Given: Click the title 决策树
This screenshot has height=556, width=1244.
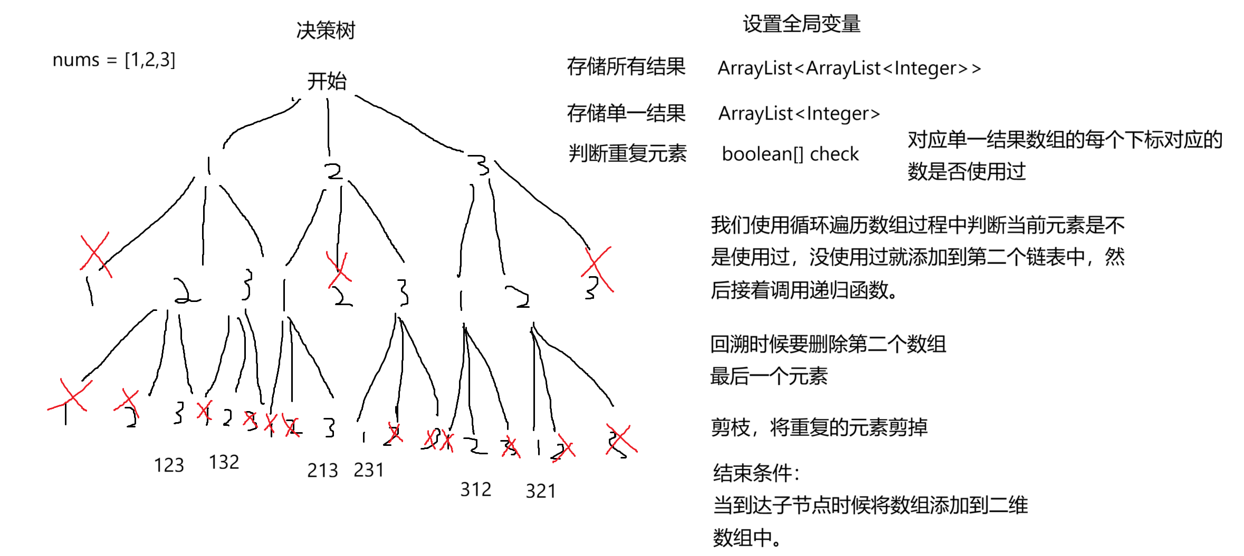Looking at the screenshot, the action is click(326, 31).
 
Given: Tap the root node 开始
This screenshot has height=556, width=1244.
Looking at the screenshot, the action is click(327, 81).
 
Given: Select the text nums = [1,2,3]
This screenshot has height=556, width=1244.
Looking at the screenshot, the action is click(114, 60).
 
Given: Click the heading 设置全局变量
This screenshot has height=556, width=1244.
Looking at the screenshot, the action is click(801, 24).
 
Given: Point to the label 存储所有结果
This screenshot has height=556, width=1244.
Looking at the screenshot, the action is click(626, 67).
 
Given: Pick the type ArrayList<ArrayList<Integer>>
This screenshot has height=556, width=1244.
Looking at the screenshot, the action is click(849, 68).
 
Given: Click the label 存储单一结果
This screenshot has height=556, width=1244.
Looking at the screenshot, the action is click(626, 113).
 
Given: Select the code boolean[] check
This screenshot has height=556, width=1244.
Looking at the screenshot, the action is click(790, 154).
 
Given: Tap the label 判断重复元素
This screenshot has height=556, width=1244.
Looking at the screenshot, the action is click(627, 153).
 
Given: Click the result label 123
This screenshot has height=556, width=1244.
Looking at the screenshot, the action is click(169, 465).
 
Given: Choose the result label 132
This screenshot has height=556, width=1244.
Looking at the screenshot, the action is click(224, 462).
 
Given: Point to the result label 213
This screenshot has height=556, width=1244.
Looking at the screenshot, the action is click(322, 470).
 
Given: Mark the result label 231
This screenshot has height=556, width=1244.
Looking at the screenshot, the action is click(368, 470).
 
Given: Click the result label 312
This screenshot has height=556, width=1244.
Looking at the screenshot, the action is click(475, 490).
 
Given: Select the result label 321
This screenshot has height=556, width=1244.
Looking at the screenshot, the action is click(540, 491).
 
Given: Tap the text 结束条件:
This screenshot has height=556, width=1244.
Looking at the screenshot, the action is click(755, 473).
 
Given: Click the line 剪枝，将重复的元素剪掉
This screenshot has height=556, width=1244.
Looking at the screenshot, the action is click(819, 427).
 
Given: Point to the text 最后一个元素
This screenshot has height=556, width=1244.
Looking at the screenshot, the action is click(769, 376).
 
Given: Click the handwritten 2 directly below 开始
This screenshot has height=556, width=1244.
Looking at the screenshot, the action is click(333, 171).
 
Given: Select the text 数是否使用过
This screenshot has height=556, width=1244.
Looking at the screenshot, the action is click(966, 171).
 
